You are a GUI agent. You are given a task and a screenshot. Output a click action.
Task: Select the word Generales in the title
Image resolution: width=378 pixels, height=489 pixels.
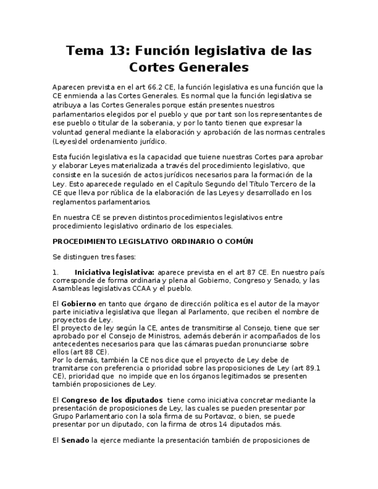210,67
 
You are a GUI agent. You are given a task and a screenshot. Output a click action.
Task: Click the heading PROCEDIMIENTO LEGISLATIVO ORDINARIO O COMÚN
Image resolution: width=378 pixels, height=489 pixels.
152,242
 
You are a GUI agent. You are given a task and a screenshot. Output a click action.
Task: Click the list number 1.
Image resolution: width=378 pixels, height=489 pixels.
55,272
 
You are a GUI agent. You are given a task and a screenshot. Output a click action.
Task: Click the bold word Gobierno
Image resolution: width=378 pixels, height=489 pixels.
78,304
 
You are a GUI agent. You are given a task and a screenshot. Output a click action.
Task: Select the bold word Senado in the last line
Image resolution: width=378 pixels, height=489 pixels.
75,441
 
